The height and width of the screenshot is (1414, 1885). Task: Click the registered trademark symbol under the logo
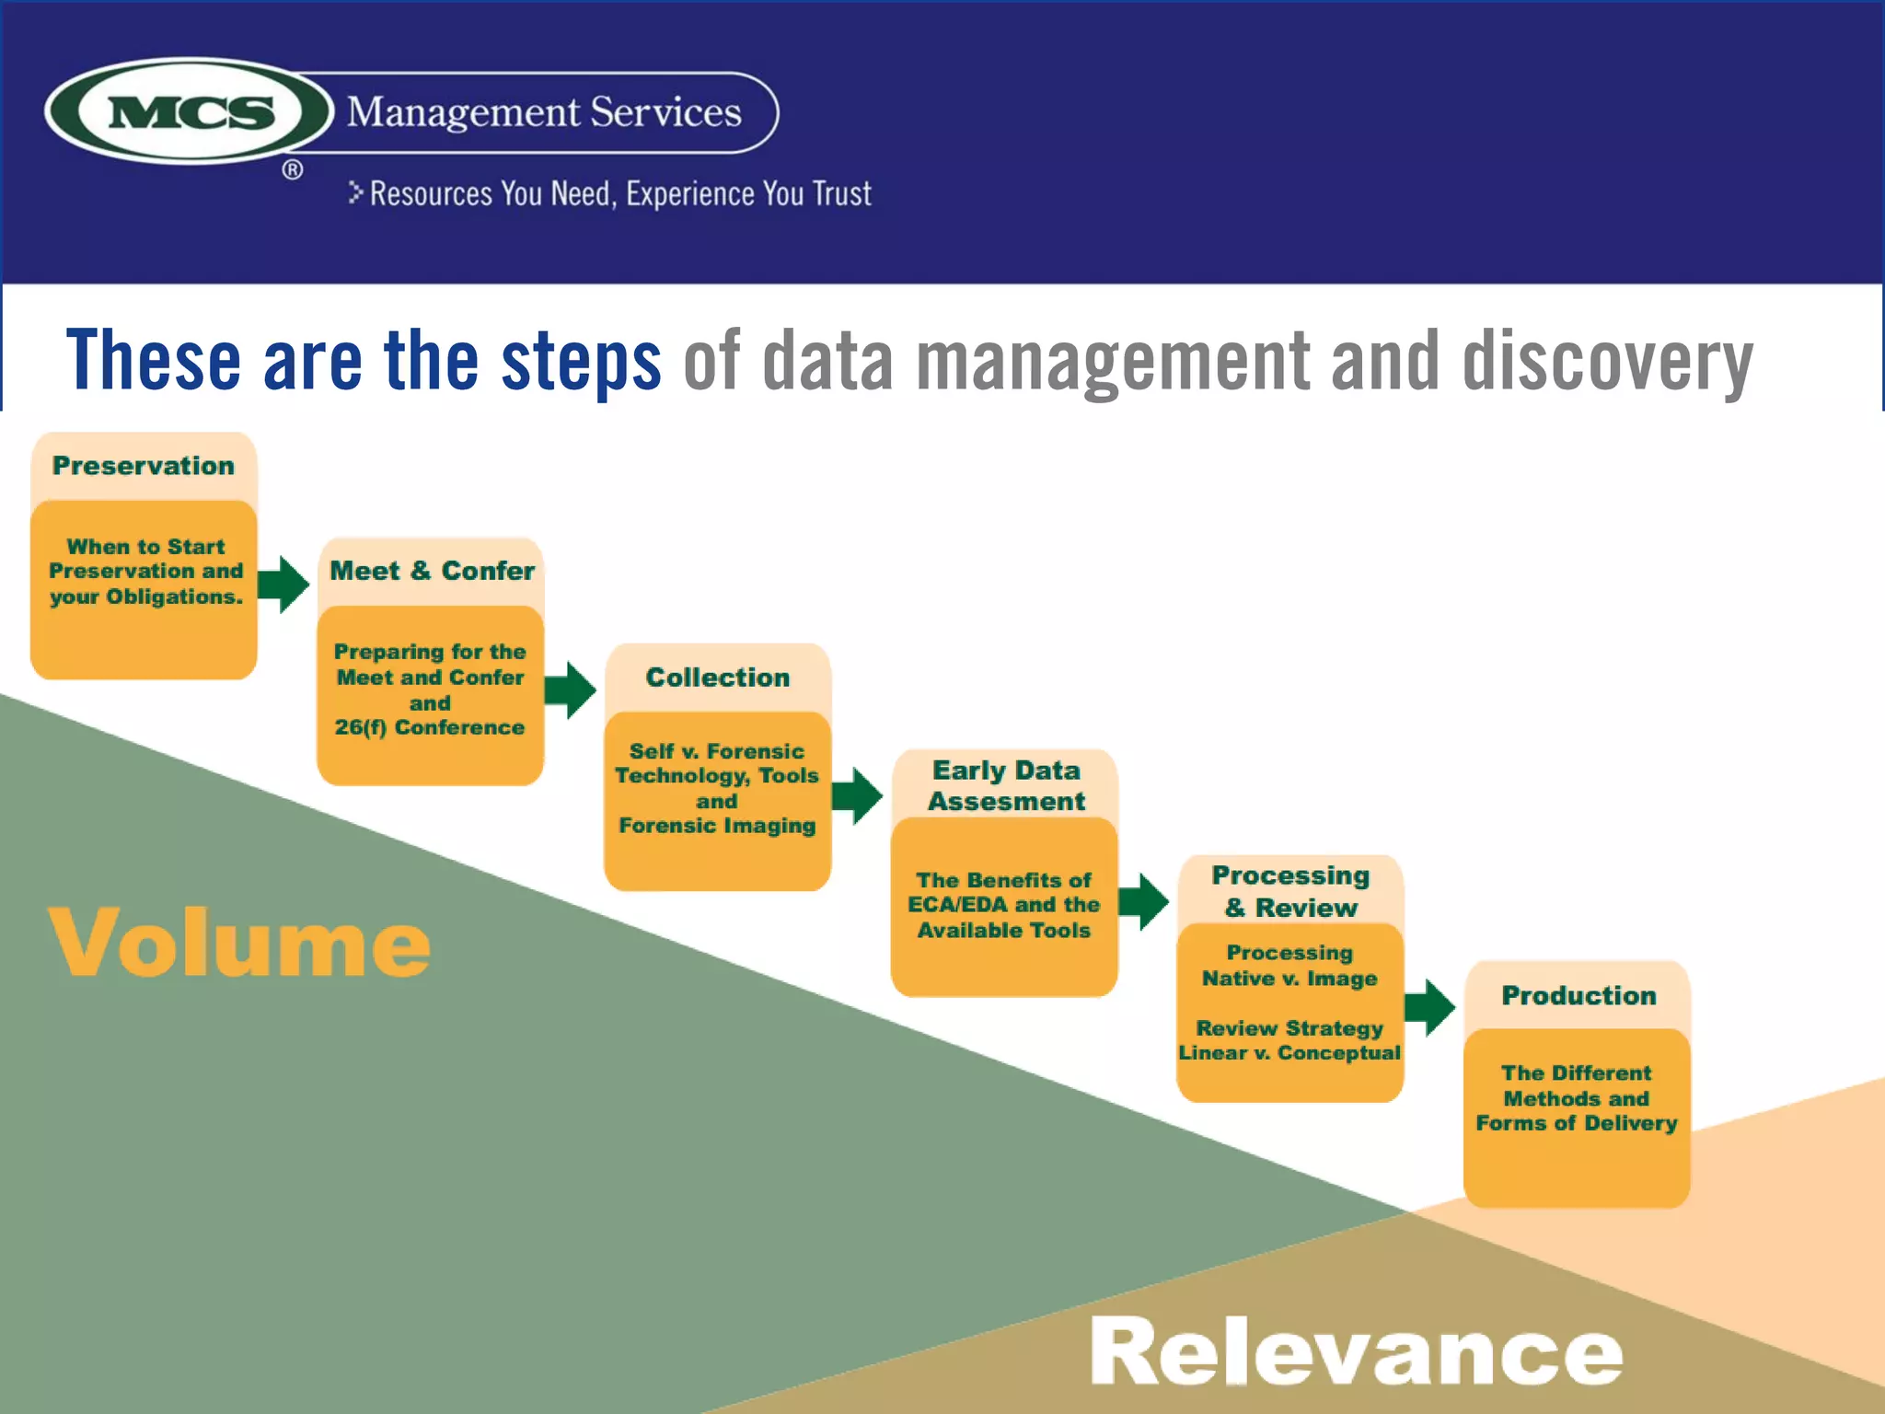(293, 170)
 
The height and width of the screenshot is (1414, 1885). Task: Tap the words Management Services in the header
(543, 112)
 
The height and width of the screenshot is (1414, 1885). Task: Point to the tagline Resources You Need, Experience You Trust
(619, 194)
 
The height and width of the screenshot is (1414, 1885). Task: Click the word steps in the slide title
(581, 361)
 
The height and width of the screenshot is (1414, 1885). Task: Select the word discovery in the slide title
(1607, 361)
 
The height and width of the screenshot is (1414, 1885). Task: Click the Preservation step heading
(144, 466)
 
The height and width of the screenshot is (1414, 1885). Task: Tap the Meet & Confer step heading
(432, 571)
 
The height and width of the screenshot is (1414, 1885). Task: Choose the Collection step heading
(718, 678)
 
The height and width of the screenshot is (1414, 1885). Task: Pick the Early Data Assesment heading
(1006, 785)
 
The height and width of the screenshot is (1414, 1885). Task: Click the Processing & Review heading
(1290, 891)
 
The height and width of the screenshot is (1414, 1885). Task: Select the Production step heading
(1579, 995)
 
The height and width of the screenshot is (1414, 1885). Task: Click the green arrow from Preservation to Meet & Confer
(283, 584)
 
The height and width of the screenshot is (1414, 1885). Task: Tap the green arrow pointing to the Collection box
(570, 690)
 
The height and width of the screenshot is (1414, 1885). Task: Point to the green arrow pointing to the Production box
(1429, 1007)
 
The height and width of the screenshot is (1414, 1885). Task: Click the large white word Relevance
(1356, 1350)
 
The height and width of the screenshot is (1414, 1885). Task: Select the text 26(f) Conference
(430, 727)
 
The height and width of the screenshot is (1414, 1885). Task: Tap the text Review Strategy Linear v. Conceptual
(1289, 1040)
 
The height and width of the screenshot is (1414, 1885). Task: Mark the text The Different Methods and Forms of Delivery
(1577, 1098)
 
